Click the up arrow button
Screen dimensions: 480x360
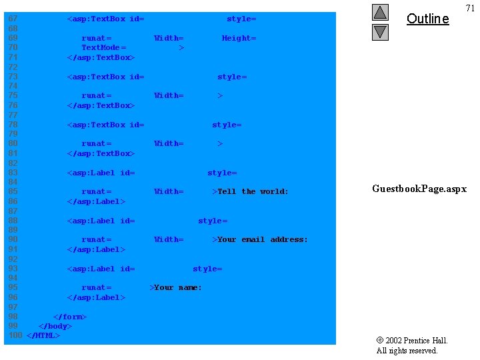point(380,12)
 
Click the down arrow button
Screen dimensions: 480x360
point(380,31)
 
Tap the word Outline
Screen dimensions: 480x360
point(427,19)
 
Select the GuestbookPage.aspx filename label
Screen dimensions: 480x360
point(419,189)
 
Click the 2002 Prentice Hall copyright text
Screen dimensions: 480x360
point(412,341)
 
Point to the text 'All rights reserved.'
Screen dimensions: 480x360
point(407,351)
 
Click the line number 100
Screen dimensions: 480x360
point(15,335)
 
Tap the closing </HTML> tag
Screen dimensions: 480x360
point(43,335)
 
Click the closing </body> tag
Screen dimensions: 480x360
point(55,326)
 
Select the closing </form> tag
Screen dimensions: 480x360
point(70,316)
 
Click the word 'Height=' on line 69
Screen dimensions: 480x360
point(239,38)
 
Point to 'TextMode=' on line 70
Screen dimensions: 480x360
point(103,47)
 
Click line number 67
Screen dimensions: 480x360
point(13,19)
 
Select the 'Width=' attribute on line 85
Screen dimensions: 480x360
point(169,191)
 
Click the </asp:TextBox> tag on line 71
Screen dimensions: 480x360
point(101,57)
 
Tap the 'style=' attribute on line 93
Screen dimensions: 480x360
point(207,269)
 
